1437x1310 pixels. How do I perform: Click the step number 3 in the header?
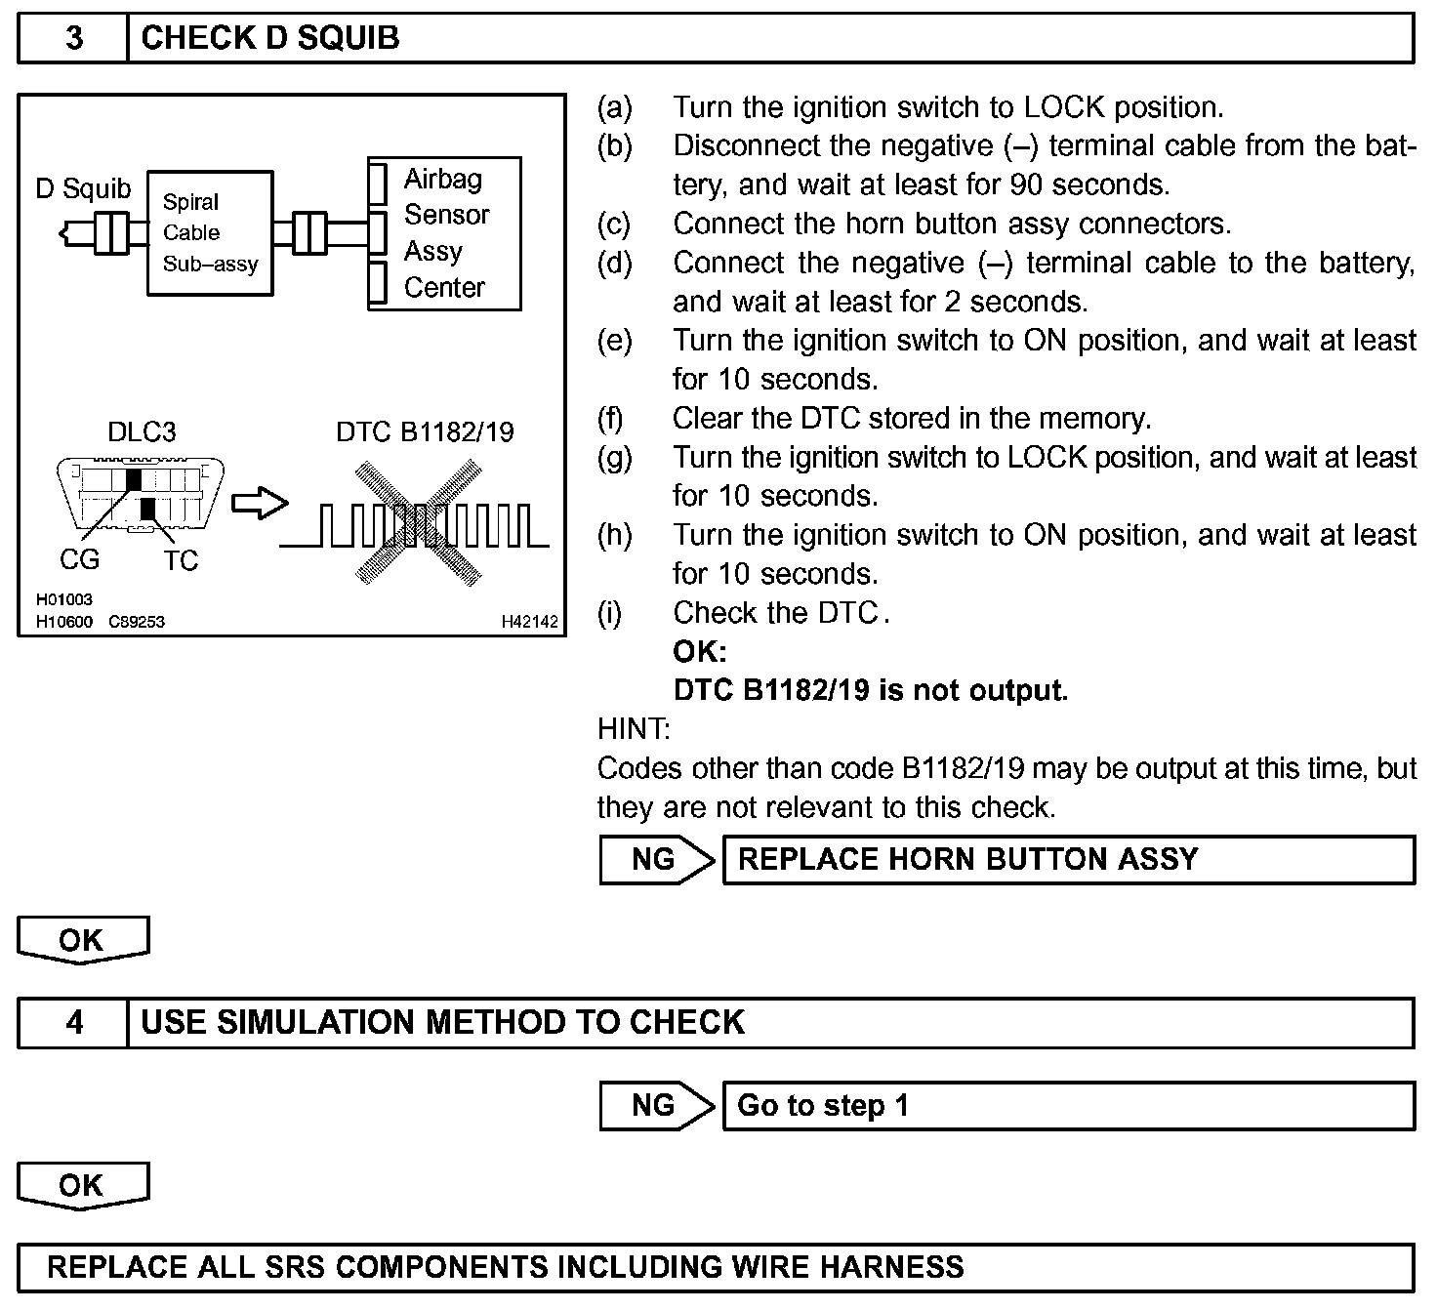coord(74,38)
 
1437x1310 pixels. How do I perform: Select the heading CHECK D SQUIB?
coord(270,38)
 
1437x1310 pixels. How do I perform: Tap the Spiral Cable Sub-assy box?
coord(210,232)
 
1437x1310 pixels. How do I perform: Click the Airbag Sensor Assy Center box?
coord(445,233)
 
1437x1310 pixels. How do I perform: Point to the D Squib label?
coord(83,188)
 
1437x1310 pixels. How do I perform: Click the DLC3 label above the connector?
coord(142,431)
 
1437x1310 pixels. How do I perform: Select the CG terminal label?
coord(79,560)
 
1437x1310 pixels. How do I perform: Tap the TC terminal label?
coord(181,560)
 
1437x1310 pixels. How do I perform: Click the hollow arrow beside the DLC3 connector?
coord(260,504)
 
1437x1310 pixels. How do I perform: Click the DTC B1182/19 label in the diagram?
coord(425,431)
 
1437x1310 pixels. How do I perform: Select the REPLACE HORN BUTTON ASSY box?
coord(1068,860)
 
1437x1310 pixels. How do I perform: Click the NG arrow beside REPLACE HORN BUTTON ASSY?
coord(656,860)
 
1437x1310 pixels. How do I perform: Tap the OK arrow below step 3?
coord(83,940)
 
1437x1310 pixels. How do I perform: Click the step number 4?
coord(74,1022)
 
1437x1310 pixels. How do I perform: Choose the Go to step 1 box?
coord(1068,1106)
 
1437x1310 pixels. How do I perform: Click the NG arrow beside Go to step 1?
coord(656,1106)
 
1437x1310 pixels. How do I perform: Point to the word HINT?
coord(634,728)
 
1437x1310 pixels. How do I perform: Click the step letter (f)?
coord(610,419)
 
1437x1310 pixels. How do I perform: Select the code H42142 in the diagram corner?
coord(529,622)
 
